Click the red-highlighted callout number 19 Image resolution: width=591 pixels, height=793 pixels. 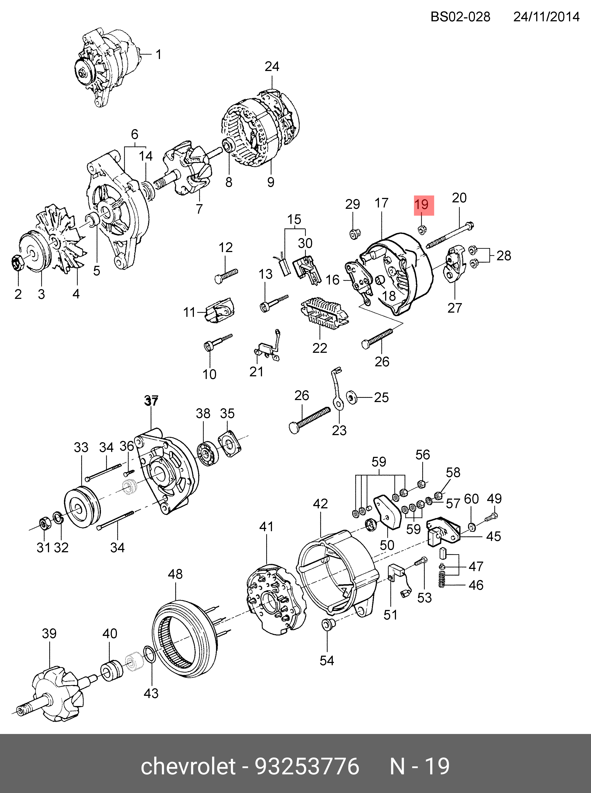pos(424,205)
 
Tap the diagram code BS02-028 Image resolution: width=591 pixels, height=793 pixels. pos(460,17)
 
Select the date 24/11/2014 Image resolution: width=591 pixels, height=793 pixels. pos(546,17)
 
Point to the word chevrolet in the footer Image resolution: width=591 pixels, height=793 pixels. pos(188,767)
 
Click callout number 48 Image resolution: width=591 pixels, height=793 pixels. pos(175,574)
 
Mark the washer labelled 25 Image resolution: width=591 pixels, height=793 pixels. pos(351,397)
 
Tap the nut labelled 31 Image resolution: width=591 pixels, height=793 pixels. pos(44,525)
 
